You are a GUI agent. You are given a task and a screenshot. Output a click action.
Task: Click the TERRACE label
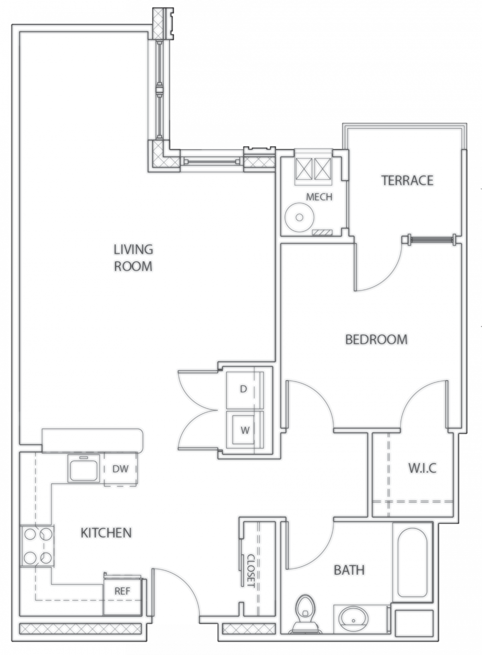click(x=407, y=180)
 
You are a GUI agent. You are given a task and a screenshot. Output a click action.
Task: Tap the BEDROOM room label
click(x=376, y=339)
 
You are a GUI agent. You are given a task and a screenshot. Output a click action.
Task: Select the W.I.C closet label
click(x=422, y=468)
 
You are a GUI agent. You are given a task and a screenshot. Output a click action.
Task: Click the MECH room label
click(x=319, y=197)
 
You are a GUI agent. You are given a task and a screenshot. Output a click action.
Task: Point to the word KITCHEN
click(x=106, y=533)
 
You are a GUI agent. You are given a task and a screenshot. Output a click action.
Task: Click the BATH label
click(x=349, y=570)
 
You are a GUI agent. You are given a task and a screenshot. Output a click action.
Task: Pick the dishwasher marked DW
click(x=120, y=470)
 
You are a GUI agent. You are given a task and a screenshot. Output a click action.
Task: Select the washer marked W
click(x=245, y=430)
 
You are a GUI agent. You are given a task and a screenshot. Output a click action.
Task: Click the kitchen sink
click(x=84, y=468)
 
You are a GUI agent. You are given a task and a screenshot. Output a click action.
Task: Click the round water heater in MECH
click(x=299, y=217)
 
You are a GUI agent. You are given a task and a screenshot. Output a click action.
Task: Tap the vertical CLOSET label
click(x=251, y=570)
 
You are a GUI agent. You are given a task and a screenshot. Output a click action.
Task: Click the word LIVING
click(x=133, y=249)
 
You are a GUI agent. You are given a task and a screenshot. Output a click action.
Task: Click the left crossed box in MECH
click(x=304, y=168)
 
